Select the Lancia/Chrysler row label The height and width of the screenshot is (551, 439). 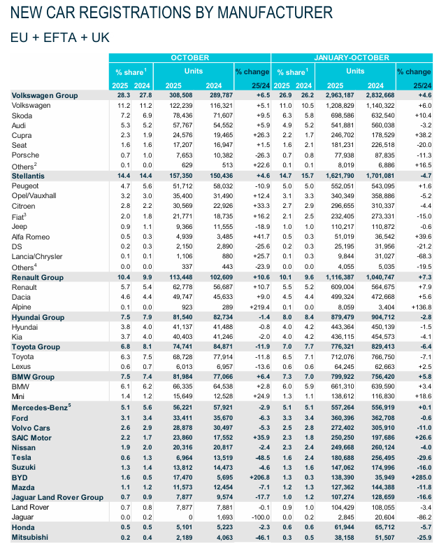(x=36, y=257)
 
